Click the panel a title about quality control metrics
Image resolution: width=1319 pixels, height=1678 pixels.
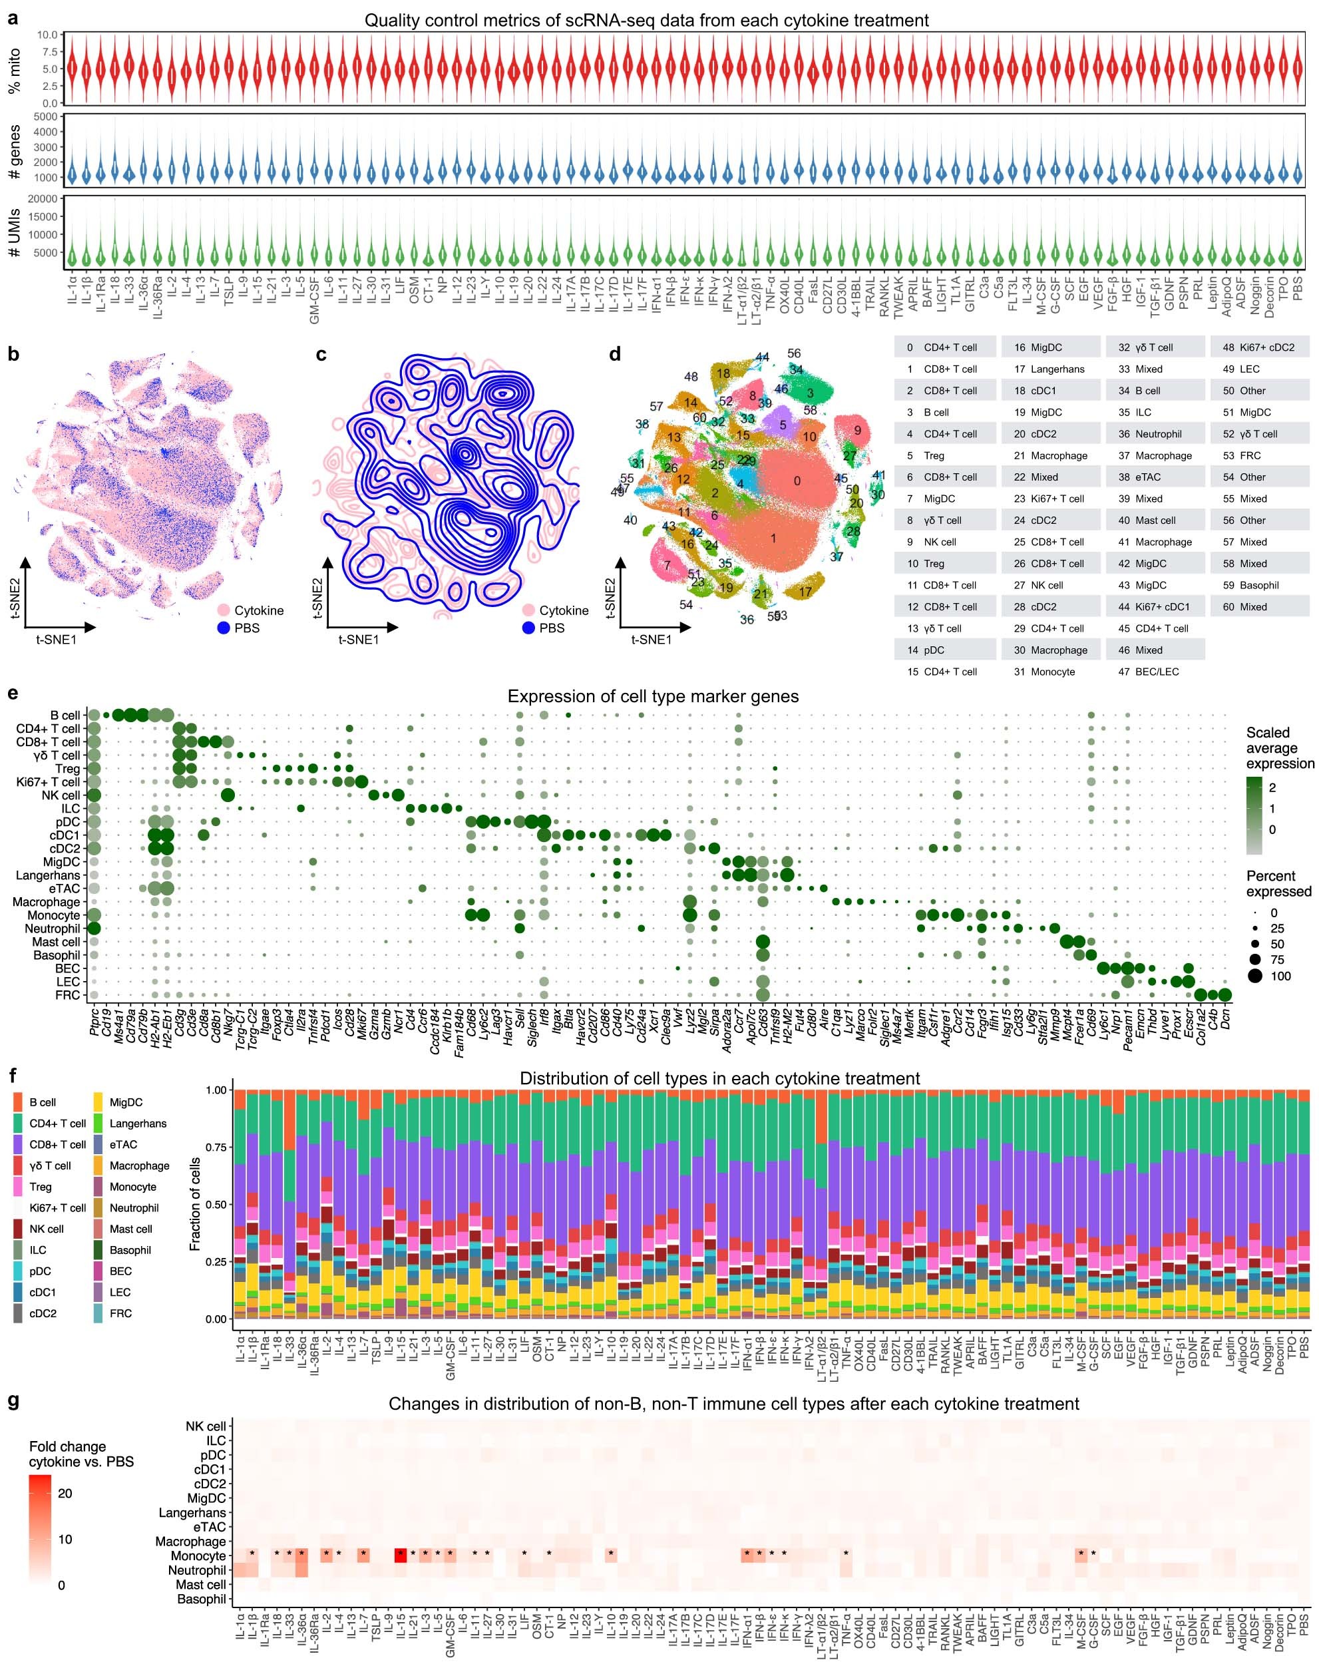pyautogui.click(x=646, y=21)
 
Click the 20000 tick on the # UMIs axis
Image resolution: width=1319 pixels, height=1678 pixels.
pyautogui.click(x=44, y=199)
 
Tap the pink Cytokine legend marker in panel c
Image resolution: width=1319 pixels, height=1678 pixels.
pyautogui.click(x=528, y=610)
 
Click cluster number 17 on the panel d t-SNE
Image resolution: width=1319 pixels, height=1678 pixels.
pyautogui.click(x=805, y=592)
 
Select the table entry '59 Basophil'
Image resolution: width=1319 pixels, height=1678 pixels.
pyautogui.click(x=1250, y=585)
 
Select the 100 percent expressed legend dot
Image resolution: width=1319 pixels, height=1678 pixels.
pyautogui.click(x=1253, y=976)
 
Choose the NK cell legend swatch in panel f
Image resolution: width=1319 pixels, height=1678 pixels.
pyautogui.click(x=18, y=1229)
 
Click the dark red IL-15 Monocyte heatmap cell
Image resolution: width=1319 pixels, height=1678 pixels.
pyautogui.click(x=400, y=1556)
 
